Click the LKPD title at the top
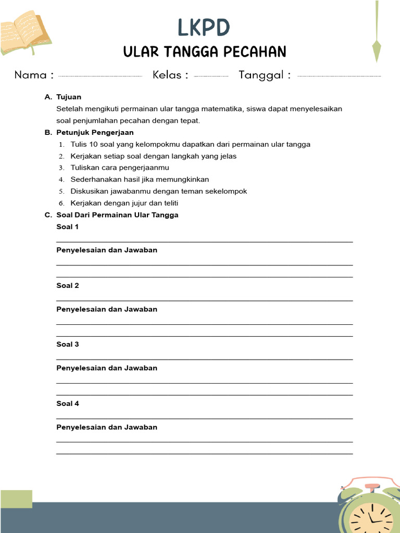click(203, 28)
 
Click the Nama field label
click(34, 75)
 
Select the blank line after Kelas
click(211, 76)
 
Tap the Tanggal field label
click(265, 75)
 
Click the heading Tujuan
click(69, 97)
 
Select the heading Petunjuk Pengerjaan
click(95, 133)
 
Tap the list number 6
click(61, 204)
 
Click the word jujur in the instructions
click(152, 203)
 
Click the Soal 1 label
click(68, 227)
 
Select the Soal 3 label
click(68, 345)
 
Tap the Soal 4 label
click(68, 404)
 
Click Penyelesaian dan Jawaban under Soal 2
click(107, 309)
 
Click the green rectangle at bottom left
click(16, 499)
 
